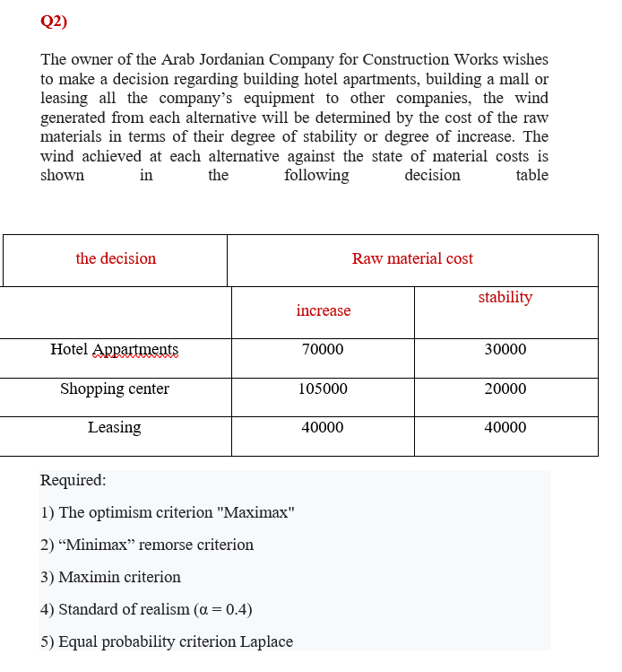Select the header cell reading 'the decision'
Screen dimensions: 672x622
(116, 258)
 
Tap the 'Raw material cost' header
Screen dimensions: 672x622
(412, 258)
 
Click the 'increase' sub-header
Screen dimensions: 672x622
(323, 310)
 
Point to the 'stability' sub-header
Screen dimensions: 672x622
(505, 297)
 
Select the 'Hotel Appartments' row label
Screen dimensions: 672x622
(114, 350)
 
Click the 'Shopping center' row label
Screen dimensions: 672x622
(114, 388)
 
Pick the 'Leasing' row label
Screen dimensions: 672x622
(114, 427)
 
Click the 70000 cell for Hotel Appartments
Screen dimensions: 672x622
(323, 350)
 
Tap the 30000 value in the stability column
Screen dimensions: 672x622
(505, 350)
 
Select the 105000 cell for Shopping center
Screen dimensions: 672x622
(323, 388)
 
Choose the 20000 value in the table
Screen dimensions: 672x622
(505, 388)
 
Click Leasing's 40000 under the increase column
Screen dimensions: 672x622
(323, 427)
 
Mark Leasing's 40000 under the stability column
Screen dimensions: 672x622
(505, 427)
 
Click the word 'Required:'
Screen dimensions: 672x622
(73, 480)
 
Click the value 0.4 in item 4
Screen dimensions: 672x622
(234, 609)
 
